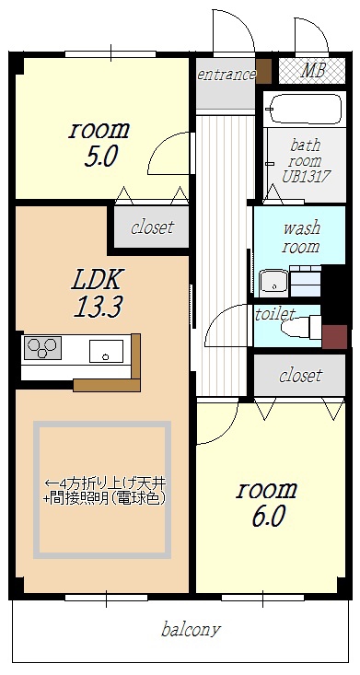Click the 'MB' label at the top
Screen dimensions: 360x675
312,71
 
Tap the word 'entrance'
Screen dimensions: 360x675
226,75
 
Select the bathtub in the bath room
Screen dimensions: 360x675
305,109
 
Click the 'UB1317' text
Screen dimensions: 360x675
307,177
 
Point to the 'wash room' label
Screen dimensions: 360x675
301,237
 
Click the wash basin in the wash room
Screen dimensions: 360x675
273,283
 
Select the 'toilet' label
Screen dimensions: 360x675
275,314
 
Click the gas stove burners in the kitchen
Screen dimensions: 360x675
42,347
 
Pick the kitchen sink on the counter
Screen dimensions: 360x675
106,351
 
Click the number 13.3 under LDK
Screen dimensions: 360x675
99,307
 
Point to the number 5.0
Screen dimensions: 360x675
100,157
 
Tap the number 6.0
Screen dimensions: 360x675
268,517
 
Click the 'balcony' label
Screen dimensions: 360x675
191,630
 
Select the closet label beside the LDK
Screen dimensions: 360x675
153,227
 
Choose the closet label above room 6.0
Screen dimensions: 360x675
300,375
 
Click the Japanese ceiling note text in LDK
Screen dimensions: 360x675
106,490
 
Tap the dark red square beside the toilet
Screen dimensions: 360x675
334,337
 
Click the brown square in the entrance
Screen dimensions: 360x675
263,71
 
